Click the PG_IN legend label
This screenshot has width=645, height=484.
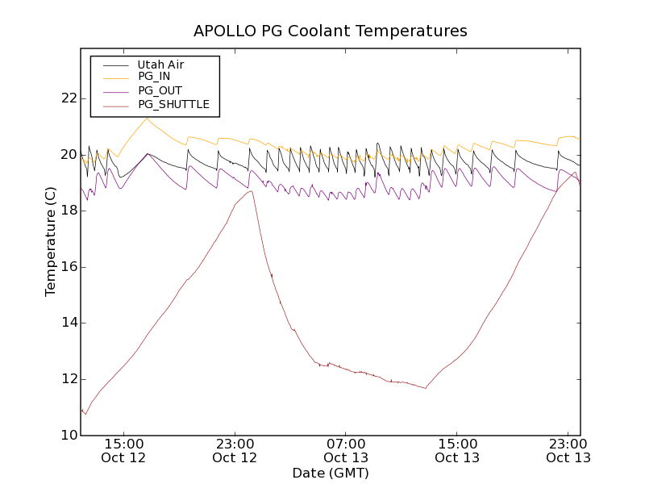pos(154,76)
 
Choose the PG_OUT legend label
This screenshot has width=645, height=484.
pos(160,90)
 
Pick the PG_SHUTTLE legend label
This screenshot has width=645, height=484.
pos(173,104)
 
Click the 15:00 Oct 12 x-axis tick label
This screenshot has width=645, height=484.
pos(124,451)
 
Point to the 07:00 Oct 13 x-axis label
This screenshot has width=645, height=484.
pos(346,451)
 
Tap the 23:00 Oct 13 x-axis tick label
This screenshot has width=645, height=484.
pos(568,451)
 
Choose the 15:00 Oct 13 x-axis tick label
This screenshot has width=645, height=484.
pos(457,451)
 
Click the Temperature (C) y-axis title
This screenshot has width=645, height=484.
pos(51,242)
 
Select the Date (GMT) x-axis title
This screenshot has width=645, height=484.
pos(331,473)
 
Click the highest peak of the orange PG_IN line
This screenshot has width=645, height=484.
pos(147,118)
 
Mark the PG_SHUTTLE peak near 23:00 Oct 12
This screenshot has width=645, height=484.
pos(252,191)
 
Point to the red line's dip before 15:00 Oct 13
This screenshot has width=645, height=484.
pos(425,388)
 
